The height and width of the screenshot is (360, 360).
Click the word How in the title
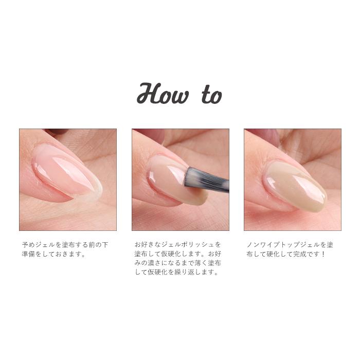pyautogui.click(x=163, y=93)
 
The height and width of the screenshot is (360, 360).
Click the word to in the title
pyautogui.click(x=212, y=94)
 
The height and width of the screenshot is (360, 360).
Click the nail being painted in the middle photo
pyautogui.click(x=174, y=182)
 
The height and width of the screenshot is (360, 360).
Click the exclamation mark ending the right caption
pyautogui.click(x=323, y=254)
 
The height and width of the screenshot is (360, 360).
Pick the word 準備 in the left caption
pyautogui.click(x=28, y=254)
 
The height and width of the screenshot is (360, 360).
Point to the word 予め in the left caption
pyautogui.click(x=28, y=245)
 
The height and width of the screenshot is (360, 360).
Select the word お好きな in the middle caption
pyautogui.click(x=148, y=244)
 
